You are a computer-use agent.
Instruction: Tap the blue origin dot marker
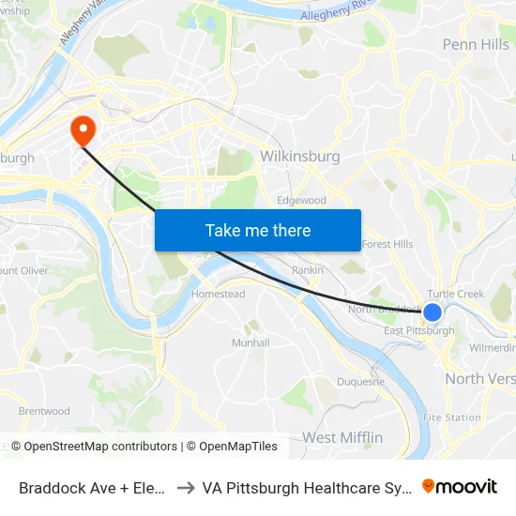pyautogui.click(x=433, y=311)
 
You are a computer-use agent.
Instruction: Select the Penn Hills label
pyautogui.click(x=476, y=44)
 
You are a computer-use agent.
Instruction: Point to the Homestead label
pyautogui.click(x=218, y=294)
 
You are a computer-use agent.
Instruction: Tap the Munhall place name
pyautogui.click(x=250, y=342)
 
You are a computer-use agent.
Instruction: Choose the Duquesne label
pyautogui.click(x=361, y=381)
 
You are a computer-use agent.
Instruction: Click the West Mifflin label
pyautogui.click(x=341, y=437)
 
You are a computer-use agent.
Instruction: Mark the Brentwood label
pyautogui.click(x=44, y=411)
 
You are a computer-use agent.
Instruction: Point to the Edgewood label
pyautogui.click(x=301, y=200)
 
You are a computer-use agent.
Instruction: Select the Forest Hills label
pyautogui.click(x=387, y=244)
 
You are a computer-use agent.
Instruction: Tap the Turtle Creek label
pyautogui.click(x=456, y=294)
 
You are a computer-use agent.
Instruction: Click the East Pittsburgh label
pyautogui.click(x=419, y=330)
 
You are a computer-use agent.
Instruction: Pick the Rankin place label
pyautogui.click(x=308, y=270)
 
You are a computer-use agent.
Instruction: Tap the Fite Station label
pyautogui.click(x=452, y=417)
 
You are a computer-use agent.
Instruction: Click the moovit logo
pyautogui.click(x=460, y=486)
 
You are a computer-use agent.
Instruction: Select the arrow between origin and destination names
pyautogui.click(x=186, y=487)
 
